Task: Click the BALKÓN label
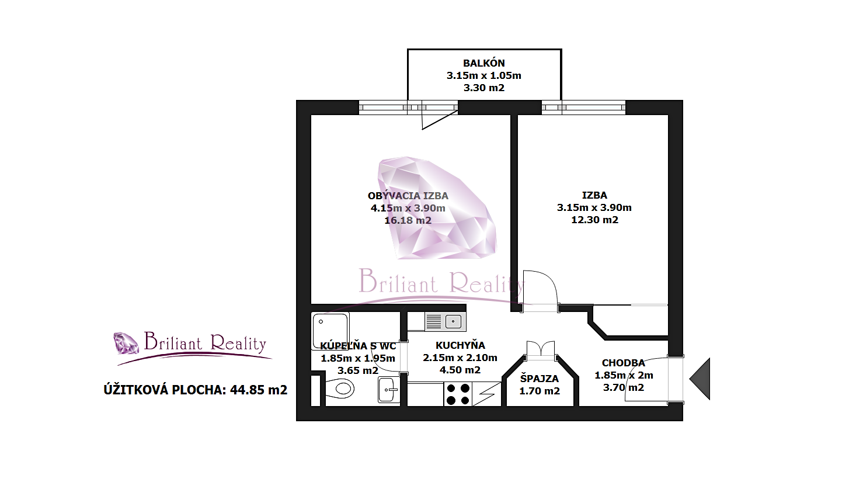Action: click(x=484, y=63)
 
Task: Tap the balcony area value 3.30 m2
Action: click(x=484, y=88)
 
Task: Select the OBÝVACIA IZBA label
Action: click(x=408, y=196)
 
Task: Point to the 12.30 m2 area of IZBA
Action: click(x=594, y=220)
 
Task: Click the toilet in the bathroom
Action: click(x=340, y=389)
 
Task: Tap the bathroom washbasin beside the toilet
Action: click(x=388, y=390)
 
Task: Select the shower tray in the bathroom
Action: click(x=330, y=331)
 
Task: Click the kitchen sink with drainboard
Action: click(x=445, y=321)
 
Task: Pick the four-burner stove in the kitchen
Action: click(x=458, y=394)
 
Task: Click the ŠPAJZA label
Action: click(x=539, y=379)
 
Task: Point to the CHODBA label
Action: click(x=623, y=363)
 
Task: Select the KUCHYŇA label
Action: click(x=460, y=345)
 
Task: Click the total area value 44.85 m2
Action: click(x=258, y=390)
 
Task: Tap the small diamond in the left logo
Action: click(x=127, y=343)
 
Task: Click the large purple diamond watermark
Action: click(x=437, y=207)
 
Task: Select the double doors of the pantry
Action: click(x=540, y=350)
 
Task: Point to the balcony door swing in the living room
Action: click(x=440, y=120)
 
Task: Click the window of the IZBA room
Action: click(x=583, y=108)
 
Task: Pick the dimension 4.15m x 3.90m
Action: click(x=408, y=209)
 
